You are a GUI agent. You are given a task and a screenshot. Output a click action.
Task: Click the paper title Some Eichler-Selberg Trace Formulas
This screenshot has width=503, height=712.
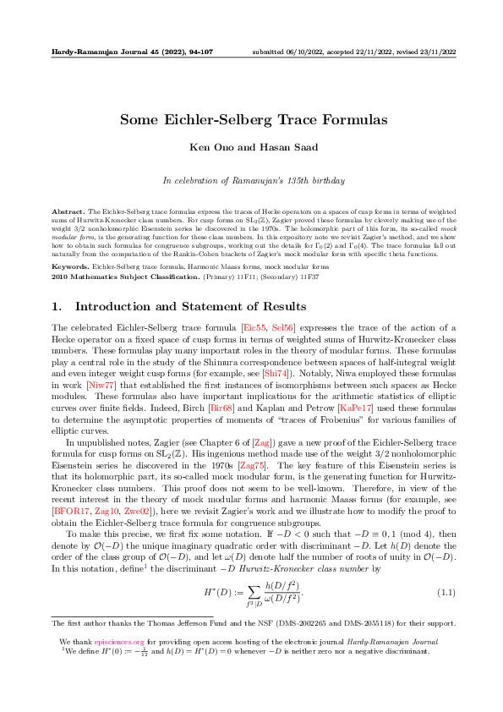[x=251, y=120]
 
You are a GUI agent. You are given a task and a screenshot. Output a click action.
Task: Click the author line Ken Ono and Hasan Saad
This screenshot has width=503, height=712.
[x=251, y=148]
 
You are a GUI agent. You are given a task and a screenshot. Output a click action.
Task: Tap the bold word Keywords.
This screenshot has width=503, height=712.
[x=71, y=266]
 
